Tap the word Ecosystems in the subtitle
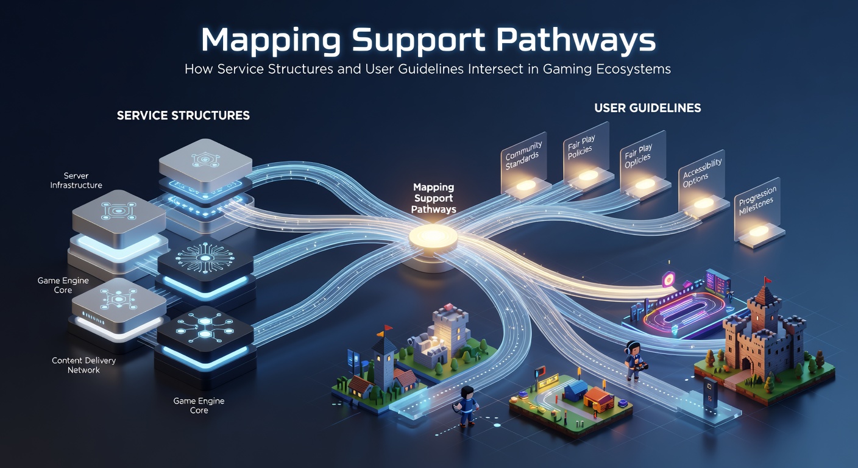click(x=632, y=69)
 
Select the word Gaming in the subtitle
click(x=566, y=69)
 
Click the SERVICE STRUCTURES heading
click(x=183, y=116)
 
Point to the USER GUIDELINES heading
click(x=647, y=108)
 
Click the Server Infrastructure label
click(x=76, y=180)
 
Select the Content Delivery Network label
click(x=83, y=365)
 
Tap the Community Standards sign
click(x=524, y=163)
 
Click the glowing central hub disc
click(x=433, y=237)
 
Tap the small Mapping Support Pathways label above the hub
click(x=434, y=199)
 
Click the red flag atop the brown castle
click(x=768, y=280)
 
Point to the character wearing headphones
click(x=635, y=360)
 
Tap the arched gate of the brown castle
click(x=746, y=363)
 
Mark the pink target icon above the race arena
click(x=668, y=279)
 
